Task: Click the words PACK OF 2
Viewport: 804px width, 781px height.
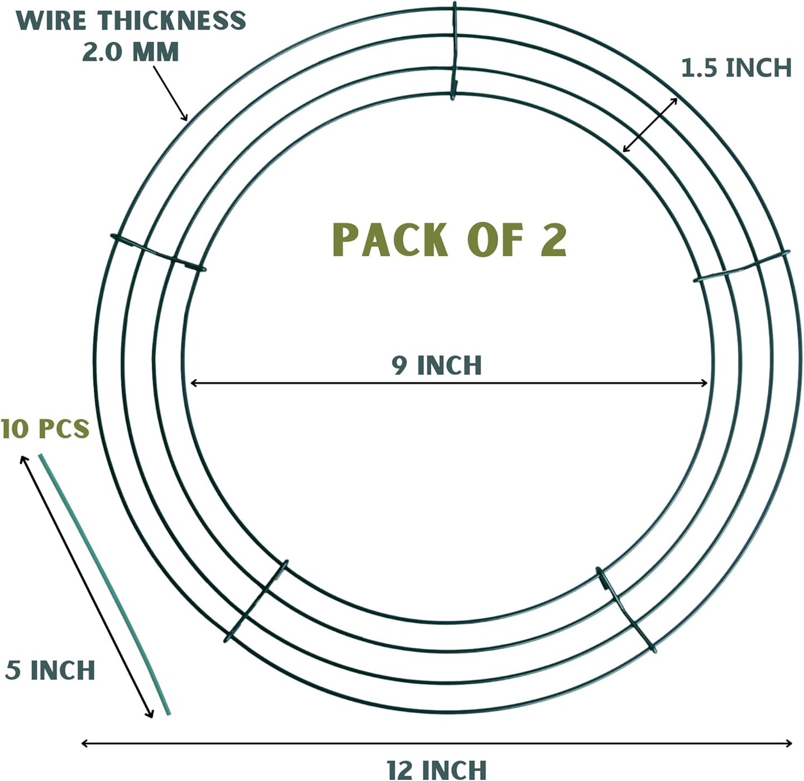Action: click(449, 240)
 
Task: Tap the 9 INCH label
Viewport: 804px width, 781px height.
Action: click(437, 365)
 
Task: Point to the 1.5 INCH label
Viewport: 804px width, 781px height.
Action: click(736, 68)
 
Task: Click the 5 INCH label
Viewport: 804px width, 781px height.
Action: click(50, 670)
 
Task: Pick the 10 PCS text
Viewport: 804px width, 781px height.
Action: click(45, 428)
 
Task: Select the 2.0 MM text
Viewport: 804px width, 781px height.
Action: click(131, 52)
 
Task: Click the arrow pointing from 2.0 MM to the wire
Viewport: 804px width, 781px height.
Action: click(171, 93)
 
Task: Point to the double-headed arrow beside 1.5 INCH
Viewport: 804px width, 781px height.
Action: click(650, 124)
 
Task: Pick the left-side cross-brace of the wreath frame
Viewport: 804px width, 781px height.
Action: click(158, 253)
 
